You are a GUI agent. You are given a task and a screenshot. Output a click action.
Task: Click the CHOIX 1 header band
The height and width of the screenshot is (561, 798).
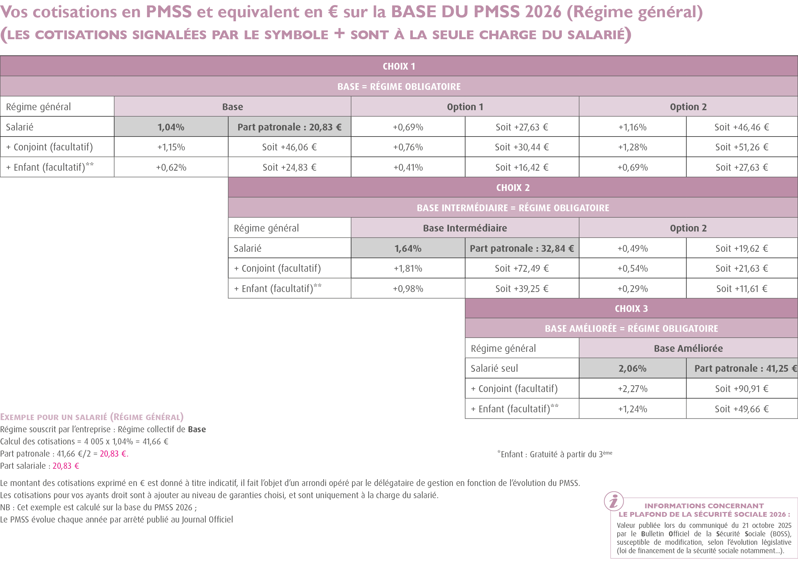(x=399, y=66)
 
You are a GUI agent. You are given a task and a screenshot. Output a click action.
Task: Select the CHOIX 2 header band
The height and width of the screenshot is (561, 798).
(x=513, y=187)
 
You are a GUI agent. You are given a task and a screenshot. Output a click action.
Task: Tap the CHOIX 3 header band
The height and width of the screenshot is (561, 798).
(x=631, y=308)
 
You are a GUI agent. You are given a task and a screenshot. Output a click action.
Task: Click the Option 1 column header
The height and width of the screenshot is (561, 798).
(x=465, y=107)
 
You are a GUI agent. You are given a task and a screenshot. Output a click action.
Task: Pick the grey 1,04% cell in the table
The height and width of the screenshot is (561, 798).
(x=171, y=127)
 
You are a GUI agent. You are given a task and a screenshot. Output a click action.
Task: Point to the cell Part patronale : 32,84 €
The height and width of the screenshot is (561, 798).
(x=522, y=248)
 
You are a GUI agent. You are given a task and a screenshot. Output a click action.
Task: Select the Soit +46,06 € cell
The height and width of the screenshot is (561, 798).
(x=289, y=147)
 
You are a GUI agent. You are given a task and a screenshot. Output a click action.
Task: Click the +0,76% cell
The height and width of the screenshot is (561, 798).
(x=408, y=147)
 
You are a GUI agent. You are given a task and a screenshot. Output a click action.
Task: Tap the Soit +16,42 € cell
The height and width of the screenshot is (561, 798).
(x=522, y=167)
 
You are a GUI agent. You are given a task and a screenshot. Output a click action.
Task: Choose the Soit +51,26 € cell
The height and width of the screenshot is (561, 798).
(x=741, y=147)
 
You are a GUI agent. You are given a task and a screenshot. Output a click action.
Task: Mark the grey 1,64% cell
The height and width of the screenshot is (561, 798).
(x=408, y=248)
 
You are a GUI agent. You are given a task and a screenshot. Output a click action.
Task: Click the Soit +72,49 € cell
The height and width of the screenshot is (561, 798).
(x=522, y=268)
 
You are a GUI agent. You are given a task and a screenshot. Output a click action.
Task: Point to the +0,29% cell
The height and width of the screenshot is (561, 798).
(x=632, y=289)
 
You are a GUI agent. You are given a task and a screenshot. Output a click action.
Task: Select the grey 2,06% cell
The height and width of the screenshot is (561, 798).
(x=632, y=368)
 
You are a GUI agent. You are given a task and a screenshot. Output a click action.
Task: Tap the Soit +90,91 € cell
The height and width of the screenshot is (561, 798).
(x=741, y=389)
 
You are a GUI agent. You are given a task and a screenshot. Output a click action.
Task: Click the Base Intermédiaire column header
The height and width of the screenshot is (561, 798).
(x=465, y=228)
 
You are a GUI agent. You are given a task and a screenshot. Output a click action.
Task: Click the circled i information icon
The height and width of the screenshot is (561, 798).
(x=614, y=501)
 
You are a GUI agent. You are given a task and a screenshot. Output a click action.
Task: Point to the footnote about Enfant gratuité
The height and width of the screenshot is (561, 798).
(x=554, y=454)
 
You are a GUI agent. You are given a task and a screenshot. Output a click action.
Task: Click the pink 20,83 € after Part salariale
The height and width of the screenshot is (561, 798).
(x=66, y=466)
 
